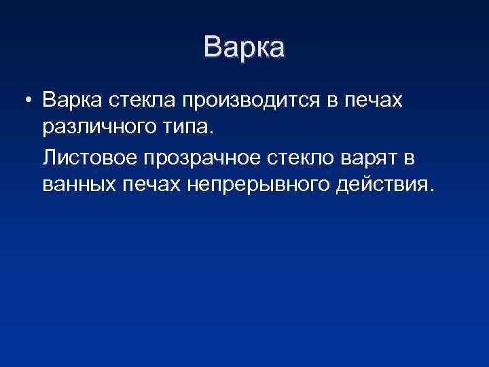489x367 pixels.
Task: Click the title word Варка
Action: (x=244, y=48)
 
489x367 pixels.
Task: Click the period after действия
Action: (x=427, y=190)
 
